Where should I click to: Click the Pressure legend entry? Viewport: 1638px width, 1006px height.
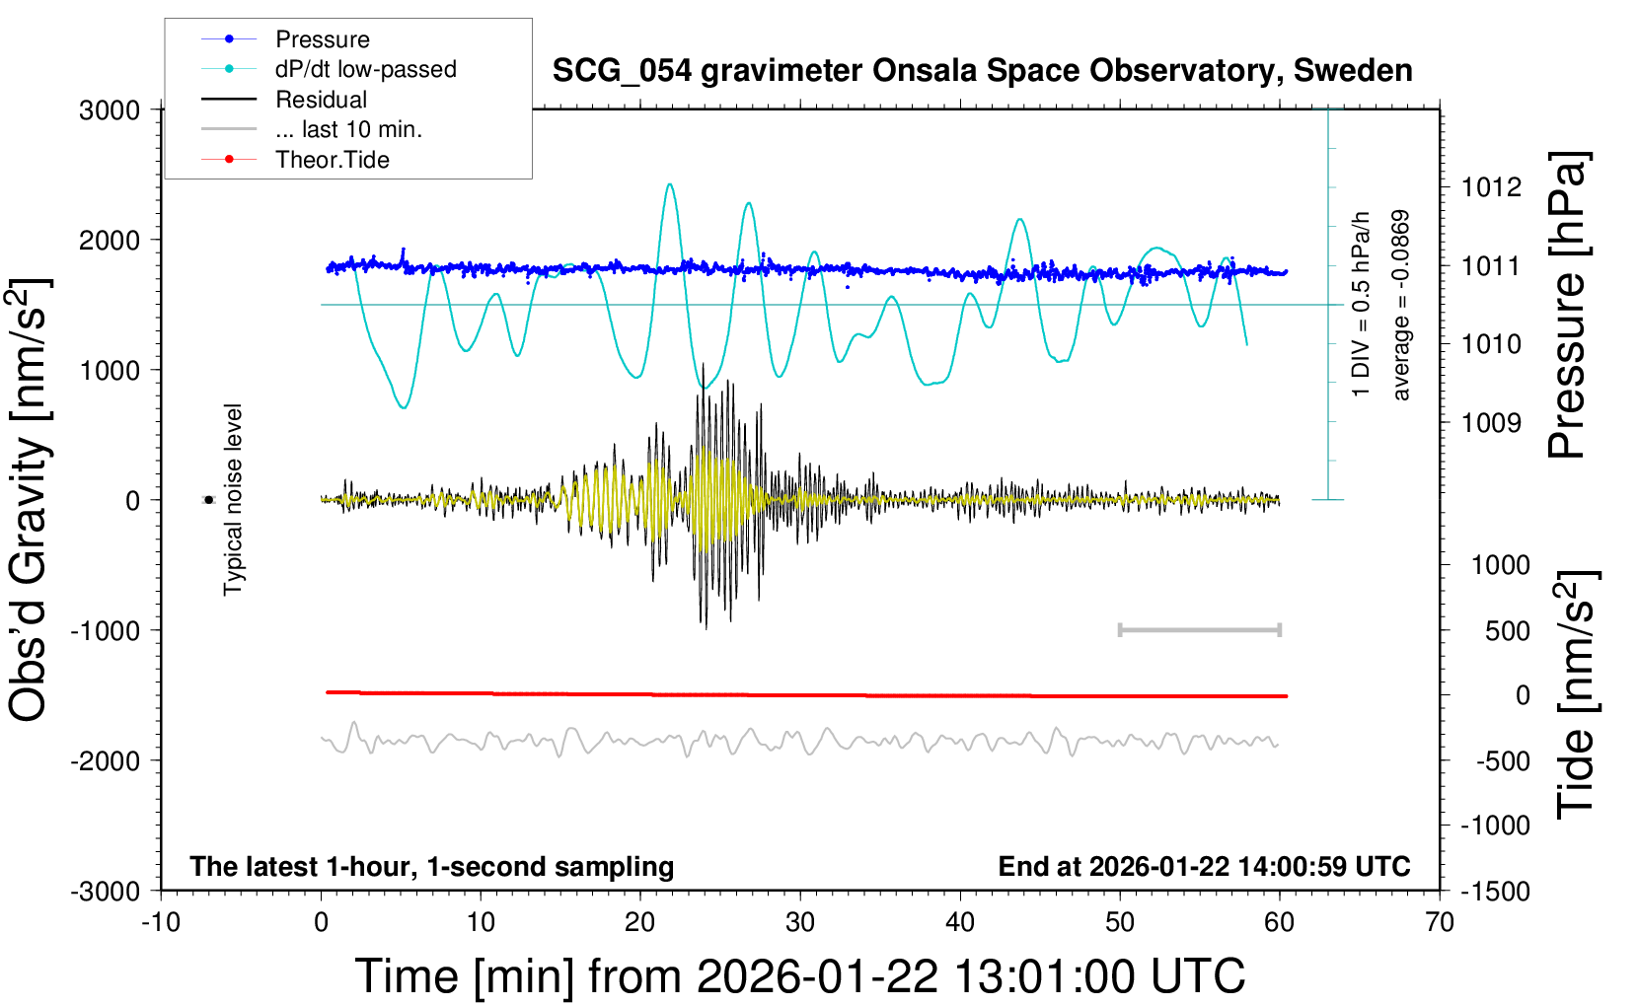[x=322, y=39]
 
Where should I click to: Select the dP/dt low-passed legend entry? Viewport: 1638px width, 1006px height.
[x=365, y=69]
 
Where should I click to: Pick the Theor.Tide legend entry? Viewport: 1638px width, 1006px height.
[x=332, y=160]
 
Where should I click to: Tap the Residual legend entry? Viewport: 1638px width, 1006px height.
[x=321, y=100]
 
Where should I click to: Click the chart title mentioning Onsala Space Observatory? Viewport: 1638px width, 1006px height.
[x=982, y=71]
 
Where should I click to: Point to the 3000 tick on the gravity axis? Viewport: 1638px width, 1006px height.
[x=110, y=109]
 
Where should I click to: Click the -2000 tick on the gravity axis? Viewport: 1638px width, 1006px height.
[x=105, y=760]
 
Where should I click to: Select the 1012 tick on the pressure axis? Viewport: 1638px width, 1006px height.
[x=1491, y=187]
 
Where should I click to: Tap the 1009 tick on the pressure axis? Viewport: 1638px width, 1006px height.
[x=1491, y=423]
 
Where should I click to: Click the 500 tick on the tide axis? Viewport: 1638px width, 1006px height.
[x=1507, y=631]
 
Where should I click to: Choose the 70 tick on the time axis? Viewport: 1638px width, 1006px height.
[x=1440, y=922]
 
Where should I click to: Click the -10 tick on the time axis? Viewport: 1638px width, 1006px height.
[x=161, y=922]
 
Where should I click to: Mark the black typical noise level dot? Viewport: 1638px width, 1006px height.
[x=208, y=500]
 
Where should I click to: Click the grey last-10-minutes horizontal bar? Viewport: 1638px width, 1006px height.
[x=1199, y=629]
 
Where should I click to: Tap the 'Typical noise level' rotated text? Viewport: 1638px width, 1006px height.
[x=233, y=499]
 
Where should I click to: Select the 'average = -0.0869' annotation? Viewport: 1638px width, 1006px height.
[x=1401, y=305]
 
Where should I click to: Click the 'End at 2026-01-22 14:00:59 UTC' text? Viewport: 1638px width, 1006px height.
[x=1204, y=866]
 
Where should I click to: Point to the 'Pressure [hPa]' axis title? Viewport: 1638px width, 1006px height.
[x=1568, y=305]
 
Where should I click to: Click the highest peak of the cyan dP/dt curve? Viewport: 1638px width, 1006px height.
[x=670, y=183]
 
